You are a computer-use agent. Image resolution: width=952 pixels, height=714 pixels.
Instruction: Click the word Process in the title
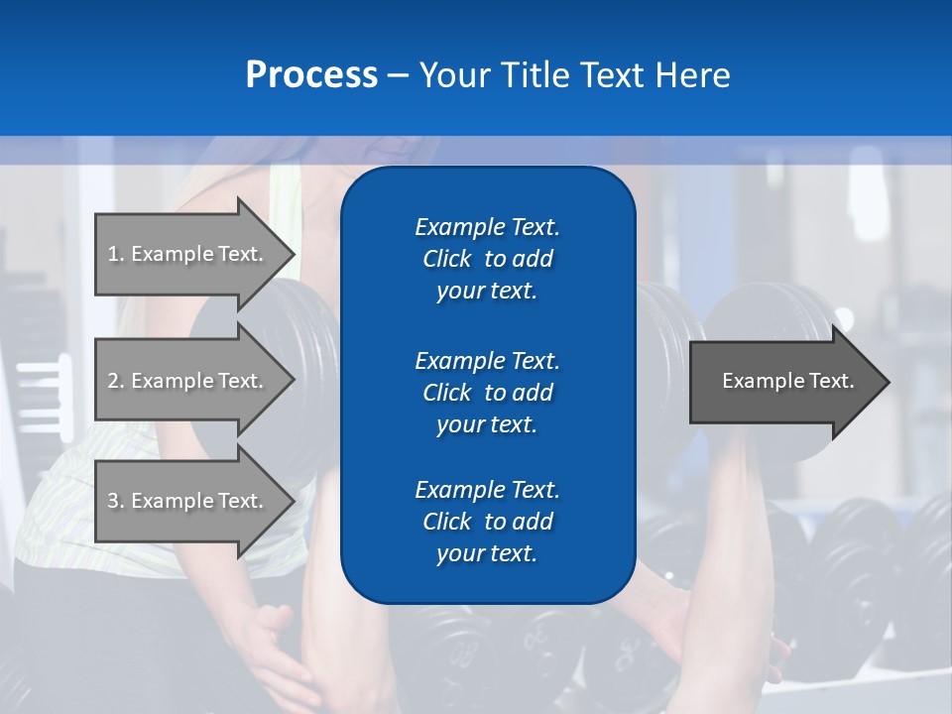(x=311, y=75)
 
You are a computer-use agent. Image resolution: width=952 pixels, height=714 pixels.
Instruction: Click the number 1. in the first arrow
(x=115, y=254)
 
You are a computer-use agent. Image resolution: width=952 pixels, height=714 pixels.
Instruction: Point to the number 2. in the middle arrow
(x=115, y=381)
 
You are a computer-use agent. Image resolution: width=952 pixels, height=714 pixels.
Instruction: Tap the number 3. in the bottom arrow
(x=115, y=501)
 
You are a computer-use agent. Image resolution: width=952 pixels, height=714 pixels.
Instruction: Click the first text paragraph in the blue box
(x=487, y=259)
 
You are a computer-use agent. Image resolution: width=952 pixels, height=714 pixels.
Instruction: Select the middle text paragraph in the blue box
(x=487, y=392)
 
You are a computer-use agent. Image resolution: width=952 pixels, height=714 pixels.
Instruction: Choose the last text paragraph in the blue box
(x=487, y=522)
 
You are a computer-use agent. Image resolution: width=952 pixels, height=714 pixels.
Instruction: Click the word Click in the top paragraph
(x=446, y=259)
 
